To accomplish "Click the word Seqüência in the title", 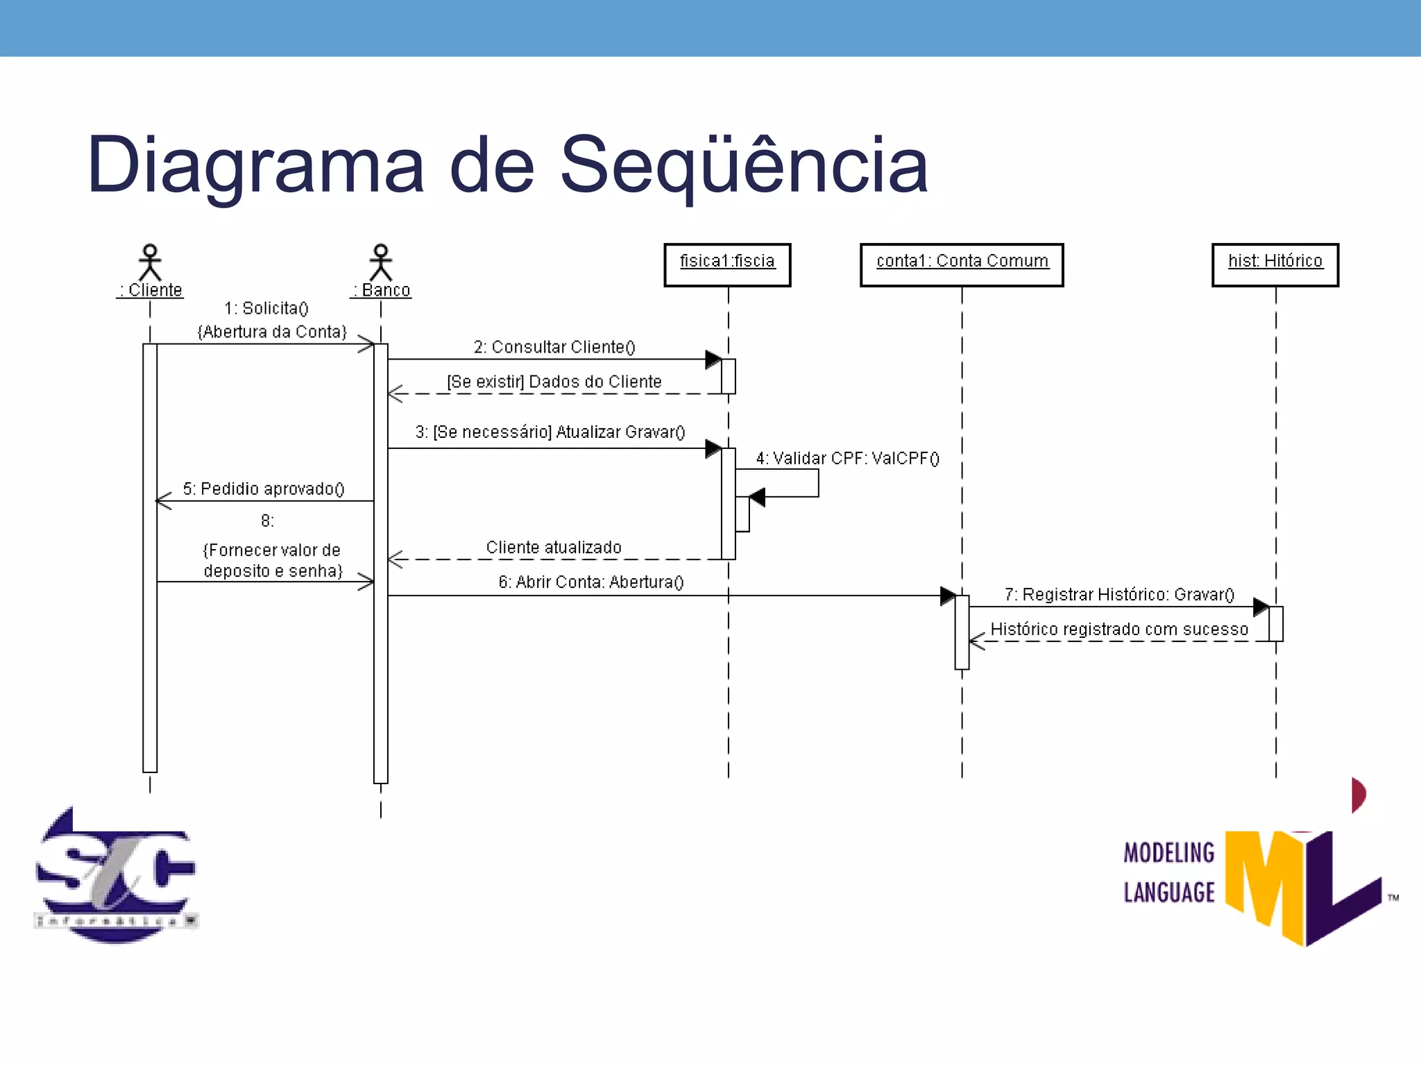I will point(743,165).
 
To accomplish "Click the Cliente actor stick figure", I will point(150,262).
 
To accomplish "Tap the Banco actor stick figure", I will point(380,262).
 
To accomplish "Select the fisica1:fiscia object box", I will point(727,264).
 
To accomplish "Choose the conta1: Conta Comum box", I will point(962,264).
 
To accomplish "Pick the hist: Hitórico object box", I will point(1275,264).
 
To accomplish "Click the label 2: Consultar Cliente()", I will point(554,347).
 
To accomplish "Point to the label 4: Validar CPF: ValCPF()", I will point(847,458).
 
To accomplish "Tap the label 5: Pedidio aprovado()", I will point(264,489).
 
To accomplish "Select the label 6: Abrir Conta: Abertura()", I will point(591,582).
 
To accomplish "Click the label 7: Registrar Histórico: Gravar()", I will point(1119,594).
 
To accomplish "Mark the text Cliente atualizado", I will point(554,547).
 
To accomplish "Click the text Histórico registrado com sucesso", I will point(1119,629).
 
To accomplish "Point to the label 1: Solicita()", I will point(266,308).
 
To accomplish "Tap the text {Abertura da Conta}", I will point(272,332).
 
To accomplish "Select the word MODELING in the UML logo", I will point(1169,853).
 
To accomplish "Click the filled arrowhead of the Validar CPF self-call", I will point(758,497).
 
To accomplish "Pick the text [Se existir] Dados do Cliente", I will point(554,382).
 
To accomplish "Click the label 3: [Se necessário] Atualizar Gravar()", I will point(550,432).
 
